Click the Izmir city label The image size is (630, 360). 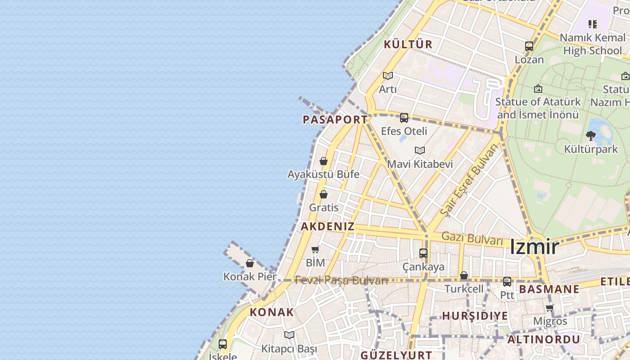coord(534,247)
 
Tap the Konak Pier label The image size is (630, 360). coord(250,276)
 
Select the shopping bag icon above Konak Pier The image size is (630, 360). coord(250,263)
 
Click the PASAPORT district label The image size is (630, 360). coord(335,120)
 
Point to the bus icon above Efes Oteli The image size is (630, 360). coord(404,118)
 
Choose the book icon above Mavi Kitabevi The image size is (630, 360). coord(420,150)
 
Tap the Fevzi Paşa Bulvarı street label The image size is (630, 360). coord(341,280)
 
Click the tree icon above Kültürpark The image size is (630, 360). coord(591,135)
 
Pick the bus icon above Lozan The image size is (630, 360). coord(529,46)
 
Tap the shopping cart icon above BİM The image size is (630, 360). coord(315,249)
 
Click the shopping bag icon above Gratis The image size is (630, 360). coord(324,194)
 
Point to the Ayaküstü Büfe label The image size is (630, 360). coord(324,174)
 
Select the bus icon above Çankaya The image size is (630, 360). coord(423,253)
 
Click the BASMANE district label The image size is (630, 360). coord(549,289)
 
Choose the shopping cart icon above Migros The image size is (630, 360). coord(549,308)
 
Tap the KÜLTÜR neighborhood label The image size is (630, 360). coord(408,45)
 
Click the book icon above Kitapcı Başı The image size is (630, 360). coord(289,335)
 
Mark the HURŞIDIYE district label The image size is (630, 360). coord(475,316)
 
